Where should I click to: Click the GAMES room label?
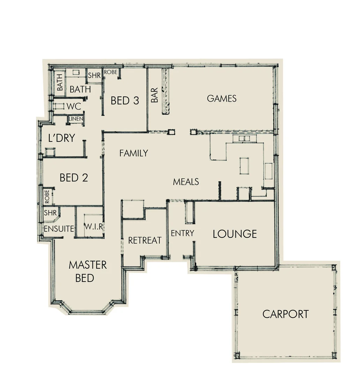pos(222,98)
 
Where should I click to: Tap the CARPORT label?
pos(285,314)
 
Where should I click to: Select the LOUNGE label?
pos(235,234)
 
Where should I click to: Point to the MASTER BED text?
pos(87,271)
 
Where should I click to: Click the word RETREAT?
pos(145,241)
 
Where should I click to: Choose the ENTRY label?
pos(182,233)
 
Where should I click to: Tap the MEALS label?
pos(186,182)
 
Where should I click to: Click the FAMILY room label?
pos(134,153)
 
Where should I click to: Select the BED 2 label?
pos(74,178)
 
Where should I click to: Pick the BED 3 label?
pos(125,101)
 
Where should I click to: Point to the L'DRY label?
pos(61,138)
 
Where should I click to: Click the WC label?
pos(74,106)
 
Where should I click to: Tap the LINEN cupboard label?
pos(76,119)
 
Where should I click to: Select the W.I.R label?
pos(93,227)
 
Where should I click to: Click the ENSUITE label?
pos(59,229)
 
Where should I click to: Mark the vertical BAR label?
pos(154,95)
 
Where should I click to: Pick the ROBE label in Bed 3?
pos(111,72)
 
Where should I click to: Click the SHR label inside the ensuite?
pos(50,213)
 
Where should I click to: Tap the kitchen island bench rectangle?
pos(244,165)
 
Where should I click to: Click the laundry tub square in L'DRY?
pos(50,152)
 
